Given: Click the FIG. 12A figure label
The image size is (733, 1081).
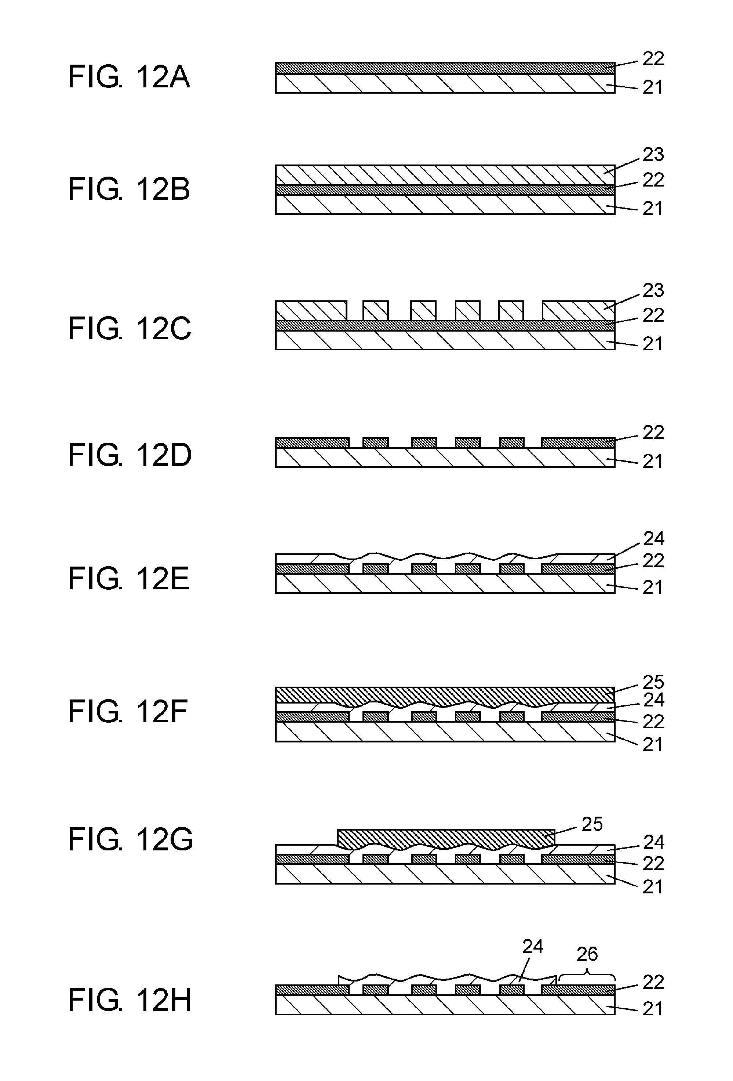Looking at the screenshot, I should (x=129, y=77).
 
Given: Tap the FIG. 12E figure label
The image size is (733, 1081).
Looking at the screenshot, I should (x=129, y=579).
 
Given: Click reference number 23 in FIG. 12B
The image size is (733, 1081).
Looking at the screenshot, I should (x=653, y=155).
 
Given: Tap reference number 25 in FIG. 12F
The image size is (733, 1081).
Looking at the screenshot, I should (x=653, y=682).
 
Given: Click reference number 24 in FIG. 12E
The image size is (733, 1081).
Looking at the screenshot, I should (x=653, y=539).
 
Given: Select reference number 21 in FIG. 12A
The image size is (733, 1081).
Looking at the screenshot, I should (x=653, y=87).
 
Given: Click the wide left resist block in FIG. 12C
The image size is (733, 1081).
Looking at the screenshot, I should (x=310, y=310).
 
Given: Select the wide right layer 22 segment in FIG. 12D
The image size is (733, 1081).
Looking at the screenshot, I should (x=578, y=442).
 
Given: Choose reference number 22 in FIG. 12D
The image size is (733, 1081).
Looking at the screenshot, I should (x=653, y=433).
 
